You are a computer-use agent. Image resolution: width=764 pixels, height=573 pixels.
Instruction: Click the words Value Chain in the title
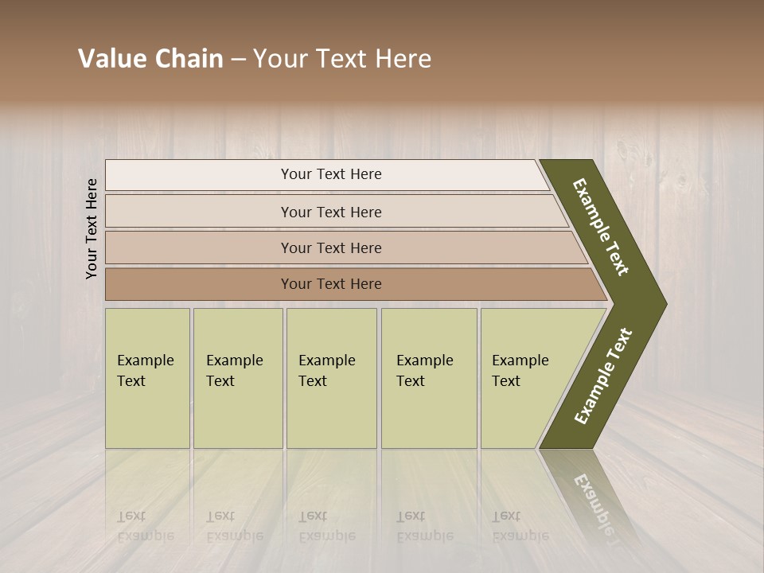tap(150, 59)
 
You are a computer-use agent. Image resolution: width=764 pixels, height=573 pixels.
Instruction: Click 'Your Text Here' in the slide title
tap(342, 59)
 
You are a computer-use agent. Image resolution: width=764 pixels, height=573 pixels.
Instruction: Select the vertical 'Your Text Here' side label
tap(92, 228)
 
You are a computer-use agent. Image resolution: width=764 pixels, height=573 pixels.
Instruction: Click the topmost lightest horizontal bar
tap(199, 175)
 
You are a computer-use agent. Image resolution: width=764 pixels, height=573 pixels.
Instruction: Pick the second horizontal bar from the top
tap(199, 212)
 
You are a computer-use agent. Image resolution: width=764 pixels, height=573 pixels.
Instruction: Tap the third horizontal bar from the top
tap(199, 248)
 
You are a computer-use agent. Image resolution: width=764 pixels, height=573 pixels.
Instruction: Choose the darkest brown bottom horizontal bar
tap(199, 284)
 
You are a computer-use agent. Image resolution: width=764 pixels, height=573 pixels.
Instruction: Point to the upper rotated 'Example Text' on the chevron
tap(601, 227)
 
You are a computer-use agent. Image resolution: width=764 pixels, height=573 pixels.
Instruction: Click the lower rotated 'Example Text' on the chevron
tap(603, 376)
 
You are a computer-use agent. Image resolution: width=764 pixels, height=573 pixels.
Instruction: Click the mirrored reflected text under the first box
tap(145, 526)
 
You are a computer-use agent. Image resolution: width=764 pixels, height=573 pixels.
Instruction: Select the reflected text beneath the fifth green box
tap(520, 526)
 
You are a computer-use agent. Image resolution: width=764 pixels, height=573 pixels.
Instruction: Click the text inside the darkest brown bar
tap(331, 284)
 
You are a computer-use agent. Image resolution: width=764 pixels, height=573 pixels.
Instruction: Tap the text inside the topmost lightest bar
tap(331, 174)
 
